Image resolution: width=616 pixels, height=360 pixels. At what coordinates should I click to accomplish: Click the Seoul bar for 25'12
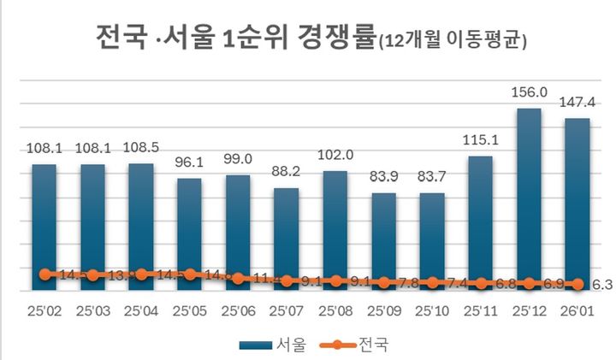[x=529, y=197]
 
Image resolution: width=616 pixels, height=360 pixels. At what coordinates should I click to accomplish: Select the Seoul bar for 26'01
[x=577, y=201]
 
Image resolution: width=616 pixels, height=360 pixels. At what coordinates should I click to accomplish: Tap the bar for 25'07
[x=287, y=235]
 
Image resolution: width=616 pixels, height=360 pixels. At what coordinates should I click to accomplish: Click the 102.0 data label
[x=335, y=157]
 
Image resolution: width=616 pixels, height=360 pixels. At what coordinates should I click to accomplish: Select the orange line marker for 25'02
[x=44, y=274]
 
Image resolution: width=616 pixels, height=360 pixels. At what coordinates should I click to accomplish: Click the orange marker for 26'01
[x=577, y=284]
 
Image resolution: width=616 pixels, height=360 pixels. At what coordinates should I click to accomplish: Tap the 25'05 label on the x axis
[x=190, y=309]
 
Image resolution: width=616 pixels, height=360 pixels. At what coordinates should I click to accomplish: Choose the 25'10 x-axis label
[x=431, y=309]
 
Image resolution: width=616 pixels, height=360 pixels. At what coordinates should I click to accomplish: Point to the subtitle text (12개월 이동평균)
[x=451, y=42]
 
